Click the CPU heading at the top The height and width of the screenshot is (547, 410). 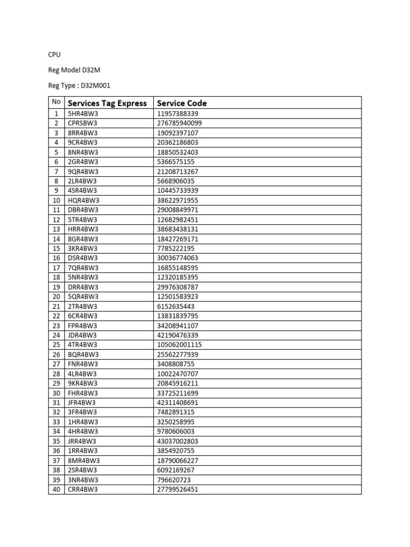point(54,54)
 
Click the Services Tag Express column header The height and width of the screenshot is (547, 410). point(107,103)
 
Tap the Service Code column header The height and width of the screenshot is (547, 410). point(182,103)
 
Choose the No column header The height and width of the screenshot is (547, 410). point(56,102)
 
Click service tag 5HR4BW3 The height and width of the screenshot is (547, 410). point(83,114)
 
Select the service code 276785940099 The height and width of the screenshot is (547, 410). point(180,123)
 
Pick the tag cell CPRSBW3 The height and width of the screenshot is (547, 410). point(83,123)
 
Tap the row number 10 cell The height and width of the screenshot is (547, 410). point(56,200)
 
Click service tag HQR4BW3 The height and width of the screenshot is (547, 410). point(83,200)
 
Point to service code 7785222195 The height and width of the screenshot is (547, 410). point(176,248)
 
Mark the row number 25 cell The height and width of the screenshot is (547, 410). point(56,345)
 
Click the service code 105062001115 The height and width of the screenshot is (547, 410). point(180,345)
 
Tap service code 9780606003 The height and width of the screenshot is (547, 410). point(176,431)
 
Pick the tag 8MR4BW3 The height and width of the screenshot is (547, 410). point(84,460)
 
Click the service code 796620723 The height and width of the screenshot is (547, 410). point(174,479)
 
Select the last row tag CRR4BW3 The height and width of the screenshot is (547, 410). point(83,489)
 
